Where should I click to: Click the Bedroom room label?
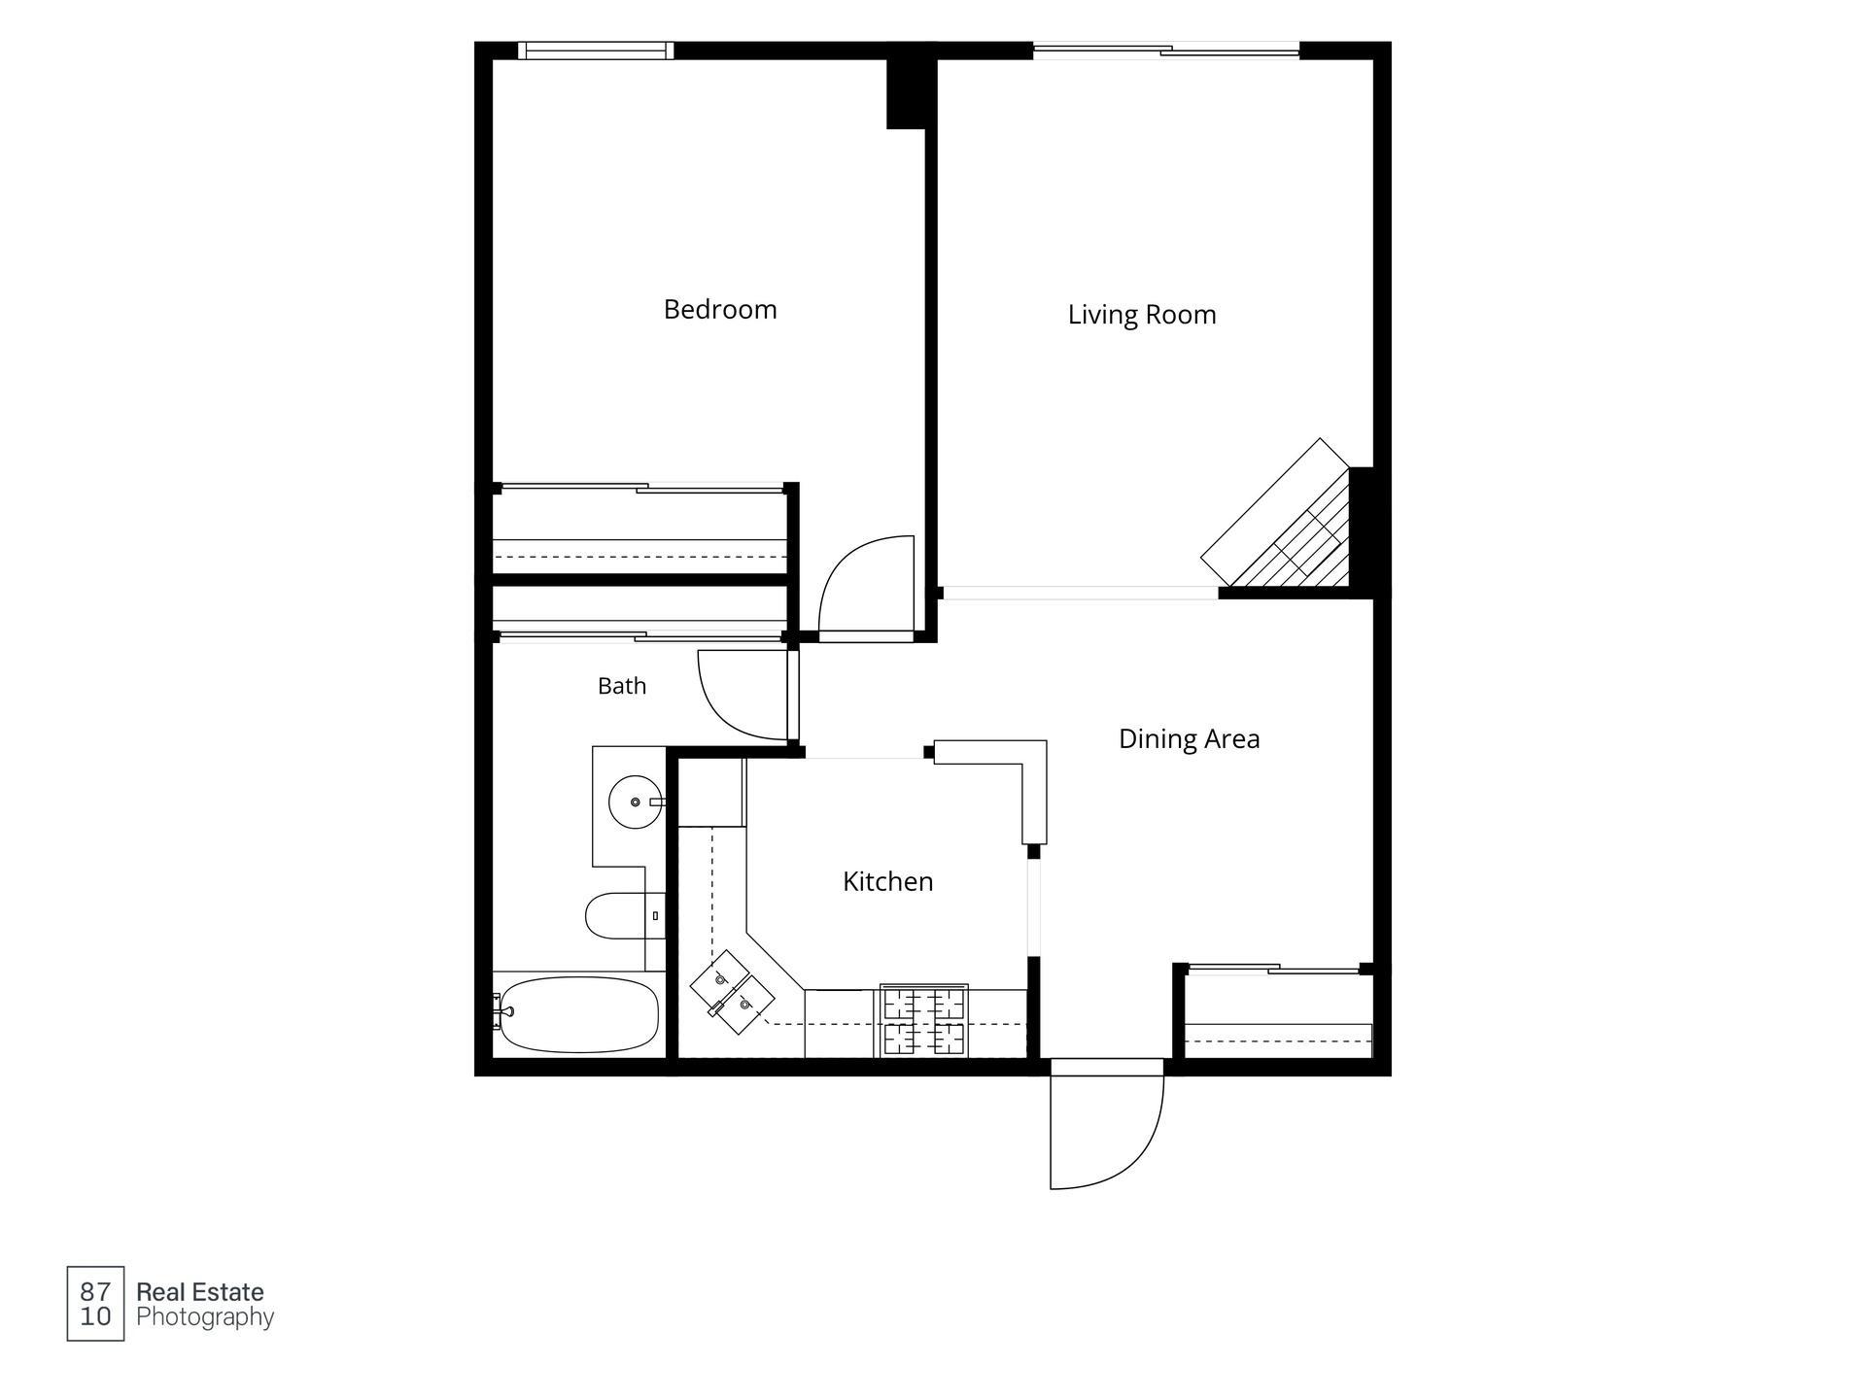(720, 310)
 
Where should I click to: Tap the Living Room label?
(1142, 315)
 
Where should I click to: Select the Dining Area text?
(1189, 739)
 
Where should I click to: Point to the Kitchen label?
(887, 881)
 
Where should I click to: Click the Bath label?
(622, 686)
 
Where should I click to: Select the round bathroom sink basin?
(635, 802)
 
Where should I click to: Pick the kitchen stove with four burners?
(924, 1020)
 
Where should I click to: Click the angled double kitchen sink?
(732, 992)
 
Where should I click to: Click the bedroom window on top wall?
(595, 51)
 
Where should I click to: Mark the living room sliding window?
(1166, 50)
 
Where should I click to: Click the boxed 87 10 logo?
(95, 1304)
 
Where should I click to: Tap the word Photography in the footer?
(205, 1317)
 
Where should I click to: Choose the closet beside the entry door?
(1277, 1014)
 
